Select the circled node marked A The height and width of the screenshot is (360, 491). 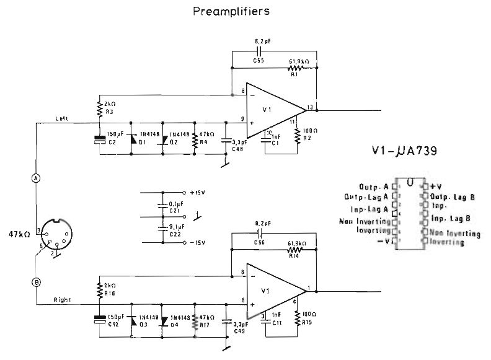(x=35, y=177)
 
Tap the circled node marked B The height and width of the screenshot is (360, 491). (x=35, y=282)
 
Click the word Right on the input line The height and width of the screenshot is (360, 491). (x=63, y=300)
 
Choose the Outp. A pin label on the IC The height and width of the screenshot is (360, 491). (x=374, y=187)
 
